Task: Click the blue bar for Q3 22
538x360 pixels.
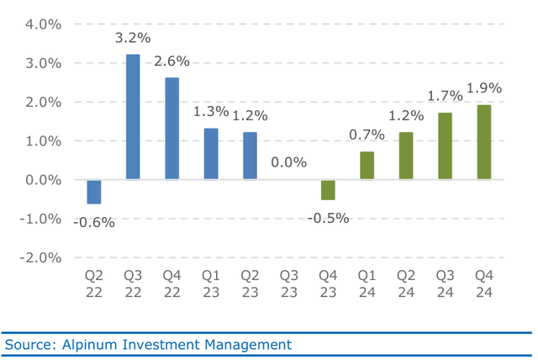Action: coord(133,117)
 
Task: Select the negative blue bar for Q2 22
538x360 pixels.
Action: coord(94,192)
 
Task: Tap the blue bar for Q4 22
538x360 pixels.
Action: coord(171,129)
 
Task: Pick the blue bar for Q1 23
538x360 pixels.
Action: coord(211,154)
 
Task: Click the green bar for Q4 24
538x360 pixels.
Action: coord(484,142)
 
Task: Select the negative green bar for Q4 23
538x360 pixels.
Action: coord(328,190)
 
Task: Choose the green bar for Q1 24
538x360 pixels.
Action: coord(367,166)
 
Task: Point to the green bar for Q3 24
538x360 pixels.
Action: coord(445,146)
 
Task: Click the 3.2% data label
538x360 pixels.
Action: coord(133,38)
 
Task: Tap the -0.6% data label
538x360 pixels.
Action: coord(93,222)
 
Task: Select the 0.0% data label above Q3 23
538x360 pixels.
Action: coord(289,161)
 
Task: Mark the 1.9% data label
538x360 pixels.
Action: coord(484,88)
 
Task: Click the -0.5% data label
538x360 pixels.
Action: coord(328,218)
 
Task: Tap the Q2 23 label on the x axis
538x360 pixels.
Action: coord(250,284)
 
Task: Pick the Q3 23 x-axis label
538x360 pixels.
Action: coord(289,284)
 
